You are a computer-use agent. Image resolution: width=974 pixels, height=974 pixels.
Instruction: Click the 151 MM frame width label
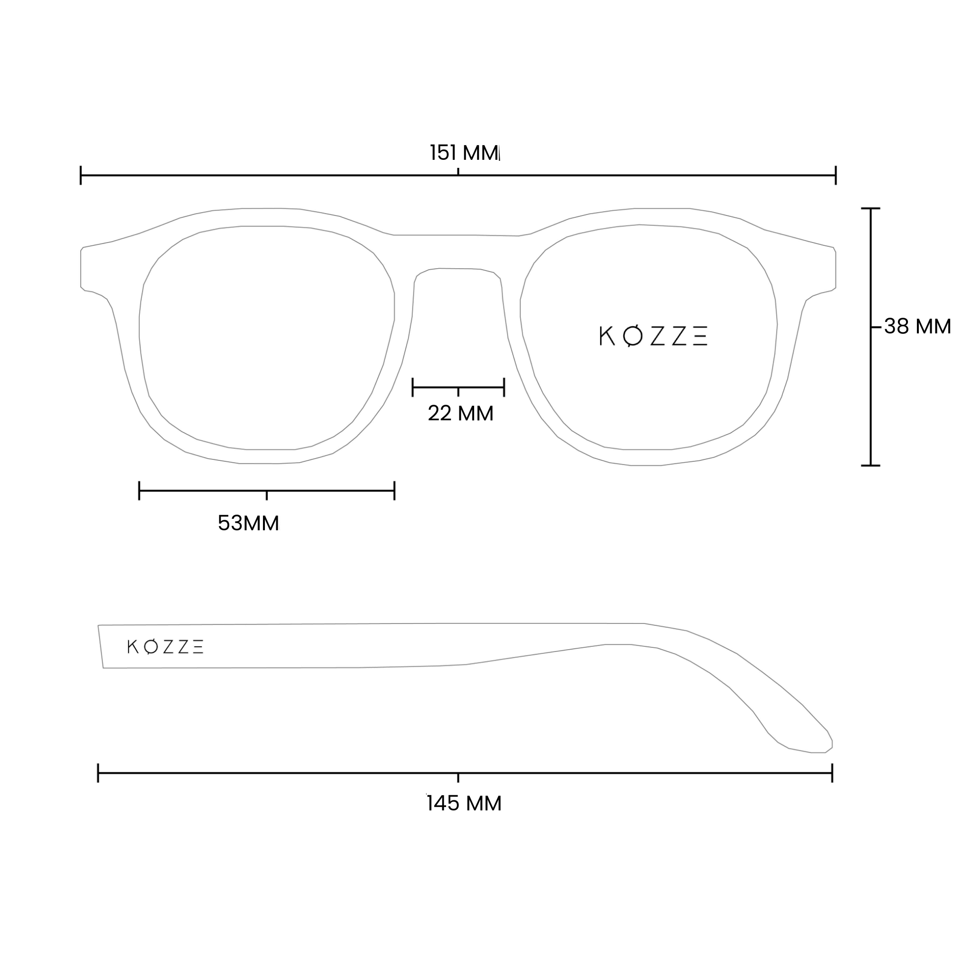464,153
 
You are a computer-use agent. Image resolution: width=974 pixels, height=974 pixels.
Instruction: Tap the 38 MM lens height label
917,326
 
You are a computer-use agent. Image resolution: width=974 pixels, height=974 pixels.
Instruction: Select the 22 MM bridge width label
460,413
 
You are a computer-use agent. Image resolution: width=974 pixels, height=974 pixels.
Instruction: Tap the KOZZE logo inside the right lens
653,336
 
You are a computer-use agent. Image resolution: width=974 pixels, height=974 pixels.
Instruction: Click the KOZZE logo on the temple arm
166,647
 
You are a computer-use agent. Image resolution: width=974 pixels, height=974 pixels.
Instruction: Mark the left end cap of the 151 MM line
81,175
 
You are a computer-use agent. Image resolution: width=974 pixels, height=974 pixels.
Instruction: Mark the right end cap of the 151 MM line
836,175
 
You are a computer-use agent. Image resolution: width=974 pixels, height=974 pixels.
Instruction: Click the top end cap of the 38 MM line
871,208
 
